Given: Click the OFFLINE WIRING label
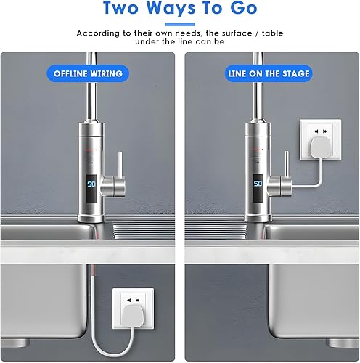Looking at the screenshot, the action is click(x=88, y=73).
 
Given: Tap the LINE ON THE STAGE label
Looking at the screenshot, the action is click(x=269, y=73).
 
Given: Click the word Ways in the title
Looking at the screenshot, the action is click(x=171, y=8).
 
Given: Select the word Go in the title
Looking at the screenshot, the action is click(x=243, y=8).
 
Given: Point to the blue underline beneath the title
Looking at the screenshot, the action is click(x=180, y=25).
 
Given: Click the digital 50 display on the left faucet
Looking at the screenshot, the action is click(x=91, y=184).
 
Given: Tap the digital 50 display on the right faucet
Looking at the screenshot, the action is click(x=258, y=184).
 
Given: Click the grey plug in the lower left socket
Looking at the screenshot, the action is click(x=132, y=314).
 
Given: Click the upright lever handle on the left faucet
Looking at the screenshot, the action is click(x=120, y=164).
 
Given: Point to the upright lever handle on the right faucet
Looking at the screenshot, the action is click(x=287, y=163).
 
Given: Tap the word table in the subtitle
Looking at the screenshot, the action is click(x=272, y=33).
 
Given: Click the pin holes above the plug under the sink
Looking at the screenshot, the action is click(x=133, y=301).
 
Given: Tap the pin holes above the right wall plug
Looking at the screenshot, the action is click(x=321, y=131).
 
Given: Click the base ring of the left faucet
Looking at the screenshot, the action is click(x=91, y=218).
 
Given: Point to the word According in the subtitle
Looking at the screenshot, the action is click(x=98, y=33).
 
